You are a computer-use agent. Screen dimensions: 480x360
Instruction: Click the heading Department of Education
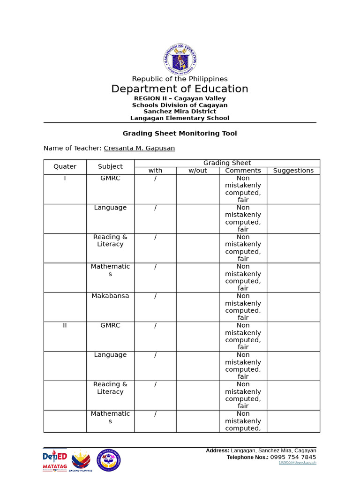tap(180, 89)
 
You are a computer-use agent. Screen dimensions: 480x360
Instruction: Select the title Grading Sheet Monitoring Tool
tap(180, 134)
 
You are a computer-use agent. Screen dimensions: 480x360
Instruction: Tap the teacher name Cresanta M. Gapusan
tap(139, 148)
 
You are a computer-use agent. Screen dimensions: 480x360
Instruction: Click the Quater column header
tap(65, 166)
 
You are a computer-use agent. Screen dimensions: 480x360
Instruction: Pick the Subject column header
tap(110, 166)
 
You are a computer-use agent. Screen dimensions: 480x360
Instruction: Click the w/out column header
tap(197, 171)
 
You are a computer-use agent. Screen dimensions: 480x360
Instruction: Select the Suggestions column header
tap(293, 171)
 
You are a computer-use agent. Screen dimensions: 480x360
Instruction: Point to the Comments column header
tap(243, 171)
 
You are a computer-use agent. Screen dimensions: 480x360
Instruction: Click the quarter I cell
tap(65, 178)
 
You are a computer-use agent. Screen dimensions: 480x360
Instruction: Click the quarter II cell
tap(65, 325)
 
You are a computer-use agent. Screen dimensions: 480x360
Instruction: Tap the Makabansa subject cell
tap(110, 296)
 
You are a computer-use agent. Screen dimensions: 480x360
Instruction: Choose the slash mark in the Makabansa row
tap(155, 296)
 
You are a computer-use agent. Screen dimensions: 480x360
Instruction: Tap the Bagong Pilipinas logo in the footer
tap(81, 461)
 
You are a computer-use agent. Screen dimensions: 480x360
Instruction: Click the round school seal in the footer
tap(109, 460)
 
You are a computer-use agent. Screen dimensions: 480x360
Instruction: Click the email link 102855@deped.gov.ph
tap(297, 463)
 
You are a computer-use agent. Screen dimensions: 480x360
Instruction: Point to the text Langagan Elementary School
tap(180, 118)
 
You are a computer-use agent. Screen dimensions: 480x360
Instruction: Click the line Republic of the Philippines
tap(180, 79)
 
